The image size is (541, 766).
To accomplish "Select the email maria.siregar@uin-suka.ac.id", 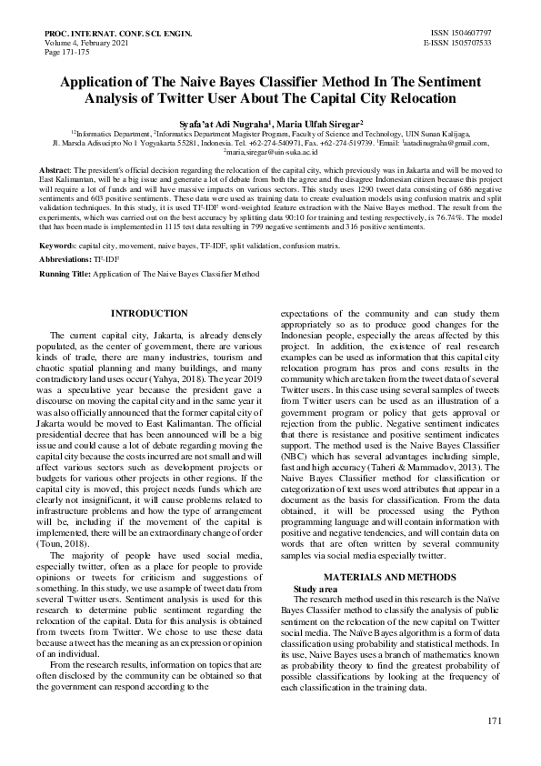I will coord(270,153).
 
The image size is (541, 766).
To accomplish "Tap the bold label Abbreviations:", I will coord(65,259).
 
